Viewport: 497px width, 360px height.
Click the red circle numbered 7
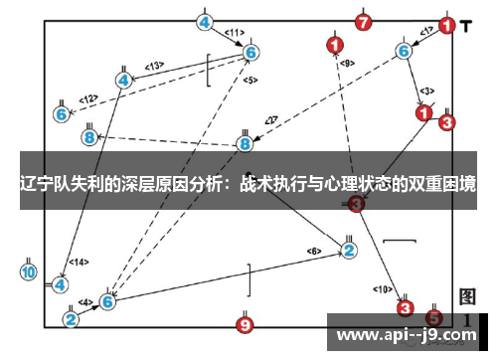pos(363,21)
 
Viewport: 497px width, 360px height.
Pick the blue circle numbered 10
pos(29,270)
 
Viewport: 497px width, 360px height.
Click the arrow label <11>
pos(234,32)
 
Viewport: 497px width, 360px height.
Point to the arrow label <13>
pos(154,66)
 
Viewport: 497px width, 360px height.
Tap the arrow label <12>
pos(89,98)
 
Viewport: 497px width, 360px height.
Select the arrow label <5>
pos(249,79)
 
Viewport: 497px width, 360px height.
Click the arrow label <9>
pos(347,64)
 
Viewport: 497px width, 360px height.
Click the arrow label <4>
pos(85,301)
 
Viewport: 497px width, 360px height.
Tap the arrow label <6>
pos(314,250)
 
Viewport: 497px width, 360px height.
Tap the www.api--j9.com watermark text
pos(408,334)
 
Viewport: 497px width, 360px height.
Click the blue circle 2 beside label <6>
pos(349,250)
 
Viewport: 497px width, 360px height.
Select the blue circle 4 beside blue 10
pos(61,284)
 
